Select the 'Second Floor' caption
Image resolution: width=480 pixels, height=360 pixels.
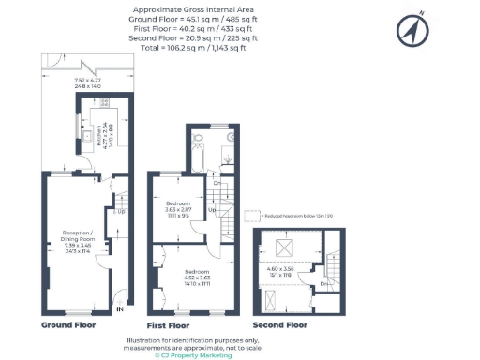pyautogui.click(x=278, y=325)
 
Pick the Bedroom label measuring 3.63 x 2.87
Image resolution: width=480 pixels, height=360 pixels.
pyautogui.click(x=179, y=210)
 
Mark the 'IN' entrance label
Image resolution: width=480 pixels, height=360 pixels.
pyautogui.click(x=120, y=307)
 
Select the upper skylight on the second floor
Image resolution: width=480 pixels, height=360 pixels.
pyautogui.click(x=282, y=249)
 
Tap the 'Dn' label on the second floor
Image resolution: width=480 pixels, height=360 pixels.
pyautogui.click(x=323, y=283)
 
